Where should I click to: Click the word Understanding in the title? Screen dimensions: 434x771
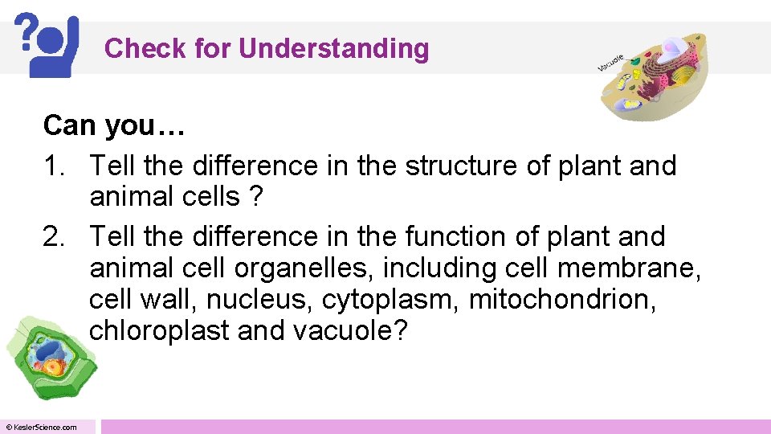tap(333, 49)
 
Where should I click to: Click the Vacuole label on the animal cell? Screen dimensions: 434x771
tap(611, 63)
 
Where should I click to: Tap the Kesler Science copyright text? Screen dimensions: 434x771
tap(42, 427)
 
